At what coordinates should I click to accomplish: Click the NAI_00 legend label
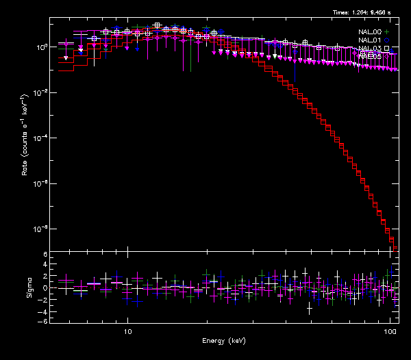click(369, 31)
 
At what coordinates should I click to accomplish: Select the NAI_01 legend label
click(369, 40)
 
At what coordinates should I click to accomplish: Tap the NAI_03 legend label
click(369, 48)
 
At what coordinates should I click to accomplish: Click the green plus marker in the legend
click(386, 31)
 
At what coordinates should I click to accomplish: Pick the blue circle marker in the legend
click(386, 40)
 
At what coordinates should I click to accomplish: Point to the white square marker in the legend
click(386, 48)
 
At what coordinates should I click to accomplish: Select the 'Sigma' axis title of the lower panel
click(29, 288)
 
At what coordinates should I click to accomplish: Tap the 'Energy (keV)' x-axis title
click(223, 342)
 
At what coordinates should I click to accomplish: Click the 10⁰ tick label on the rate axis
click(41, 47)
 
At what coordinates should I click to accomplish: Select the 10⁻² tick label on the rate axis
click(41, 92)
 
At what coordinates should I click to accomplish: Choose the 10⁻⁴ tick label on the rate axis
click(41, 138)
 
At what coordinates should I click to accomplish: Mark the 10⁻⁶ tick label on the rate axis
click(41, 183)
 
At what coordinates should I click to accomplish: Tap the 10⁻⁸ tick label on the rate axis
click(41, 229)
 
